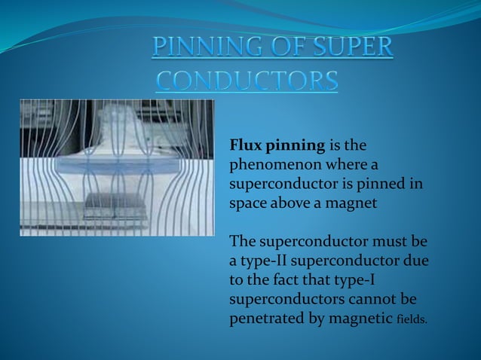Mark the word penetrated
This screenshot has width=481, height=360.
[265, 319]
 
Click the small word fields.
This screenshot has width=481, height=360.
[411, 320]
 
